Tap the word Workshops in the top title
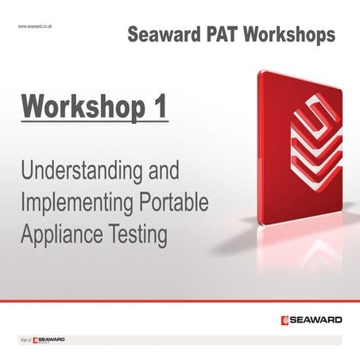click(x=288, y=36)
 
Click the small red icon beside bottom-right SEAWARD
click(x=285, y=320)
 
